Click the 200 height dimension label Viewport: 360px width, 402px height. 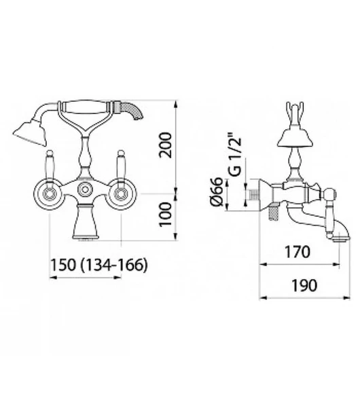[164, 145]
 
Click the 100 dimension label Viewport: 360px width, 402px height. [165, 215]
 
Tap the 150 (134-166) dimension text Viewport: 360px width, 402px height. [98, 264]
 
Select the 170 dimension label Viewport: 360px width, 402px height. [298, 252]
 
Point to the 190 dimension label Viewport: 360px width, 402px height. [304, 285]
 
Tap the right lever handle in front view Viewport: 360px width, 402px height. [120, 166]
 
